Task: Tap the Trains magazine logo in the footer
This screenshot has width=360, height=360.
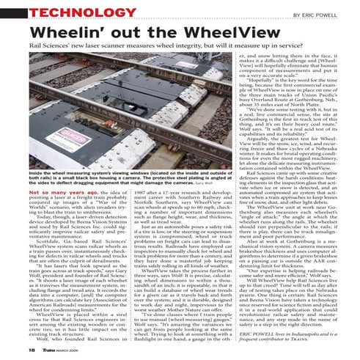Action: coord(35,352)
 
